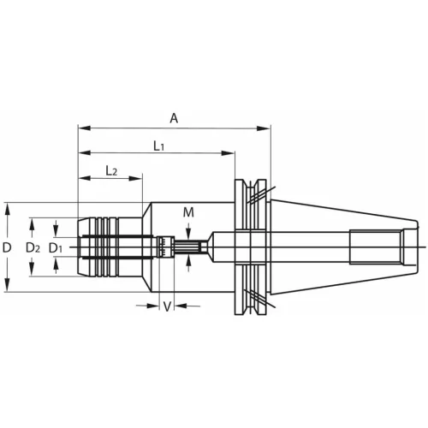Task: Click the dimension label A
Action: point(174,118)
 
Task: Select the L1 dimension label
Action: point(159,146)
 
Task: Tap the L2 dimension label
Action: point(111,171)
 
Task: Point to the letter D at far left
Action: point(7,247)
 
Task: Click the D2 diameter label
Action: point(33,248)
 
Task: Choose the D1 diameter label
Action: point(56,248)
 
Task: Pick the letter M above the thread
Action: point(188,212)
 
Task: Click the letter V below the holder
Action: point(167,306)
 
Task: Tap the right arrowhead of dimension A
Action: point(263,128)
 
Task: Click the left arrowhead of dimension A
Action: point(85,128)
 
